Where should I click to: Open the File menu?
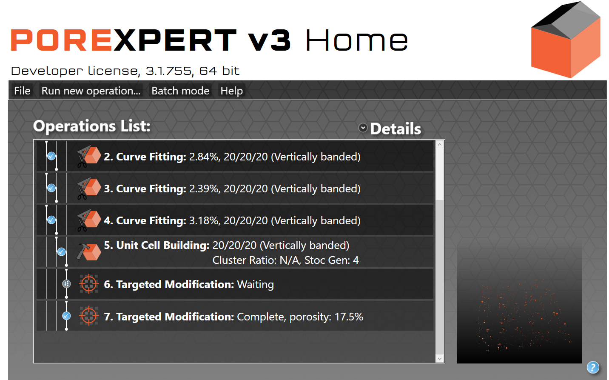(x=22, y=91)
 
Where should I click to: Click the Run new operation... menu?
(x=91, y=91)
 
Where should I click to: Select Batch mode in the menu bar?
(x=180, y=91)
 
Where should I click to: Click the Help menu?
(x=231, y=91)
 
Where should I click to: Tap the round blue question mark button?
(x=592, y=367)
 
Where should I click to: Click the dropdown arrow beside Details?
(x=363, y=128)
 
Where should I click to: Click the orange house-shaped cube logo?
(x=566, y=40)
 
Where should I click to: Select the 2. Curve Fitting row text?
(x=232, y=157)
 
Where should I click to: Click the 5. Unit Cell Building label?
(x=157, y=245)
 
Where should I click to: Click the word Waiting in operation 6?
(x=255, y=284)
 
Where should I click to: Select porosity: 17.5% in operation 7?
(x=326, y=317)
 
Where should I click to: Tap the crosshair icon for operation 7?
(x=88, y=316)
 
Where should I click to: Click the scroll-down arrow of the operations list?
(x=440, y=358)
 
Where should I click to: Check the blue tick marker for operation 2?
(x=51, y=156)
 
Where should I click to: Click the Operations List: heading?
(x=92, y=126)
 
